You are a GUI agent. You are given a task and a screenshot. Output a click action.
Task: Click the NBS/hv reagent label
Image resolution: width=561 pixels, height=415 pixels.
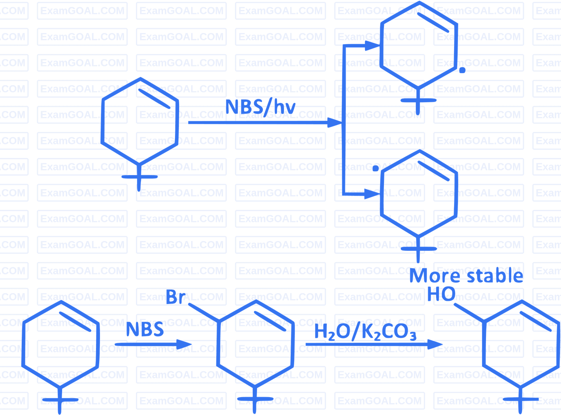pyautogui.click(x=260, y=107)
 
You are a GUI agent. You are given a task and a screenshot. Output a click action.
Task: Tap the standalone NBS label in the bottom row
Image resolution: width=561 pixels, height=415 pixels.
pyautogui.click(x=145, y=329)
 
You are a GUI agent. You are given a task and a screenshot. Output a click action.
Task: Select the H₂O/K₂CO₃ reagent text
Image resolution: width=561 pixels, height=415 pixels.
pyautogui.click(x=365, y=332)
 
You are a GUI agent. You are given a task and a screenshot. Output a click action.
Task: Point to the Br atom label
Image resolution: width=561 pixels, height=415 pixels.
pyautogui.click(x=176, y=297)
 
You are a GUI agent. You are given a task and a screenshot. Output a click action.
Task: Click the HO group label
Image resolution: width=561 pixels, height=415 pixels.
pyautogui.click(x=441, y=294)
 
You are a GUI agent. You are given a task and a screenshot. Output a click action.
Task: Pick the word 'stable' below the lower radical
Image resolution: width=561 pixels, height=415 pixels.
pyautogui.click(x=495, y=275)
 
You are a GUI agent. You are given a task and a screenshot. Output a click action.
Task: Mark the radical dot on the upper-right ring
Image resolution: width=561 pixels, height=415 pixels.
pyautogui.click(x=462, y=70)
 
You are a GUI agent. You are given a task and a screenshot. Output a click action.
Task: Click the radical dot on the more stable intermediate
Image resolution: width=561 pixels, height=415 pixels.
pyautogui.click(x=376, y=168)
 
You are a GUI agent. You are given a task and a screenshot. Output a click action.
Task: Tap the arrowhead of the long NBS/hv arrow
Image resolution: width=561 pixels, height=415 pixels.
pyautogui.click(x=335, y=123)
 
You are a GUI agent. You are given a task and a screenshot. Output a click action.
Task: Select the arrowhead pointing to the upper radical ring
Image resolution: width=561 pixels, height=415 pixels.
pyautogui.click(x=373, y=46)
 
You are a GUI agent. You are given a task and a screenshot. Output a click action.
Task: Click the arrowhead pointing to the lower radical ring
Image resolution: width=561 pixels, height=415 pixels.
pyautogui.click(x=372, y=194)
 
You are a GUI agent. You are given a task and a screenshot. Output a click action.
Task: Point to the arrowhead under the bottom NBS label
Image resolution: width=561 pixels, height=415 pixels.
pyautogui.click(x=184, y=344)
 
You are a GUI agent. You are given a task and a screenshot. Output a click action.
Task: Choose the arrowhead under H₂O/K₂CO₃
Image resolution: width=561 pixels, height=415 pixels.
pyautogui.click(x=435, y=344)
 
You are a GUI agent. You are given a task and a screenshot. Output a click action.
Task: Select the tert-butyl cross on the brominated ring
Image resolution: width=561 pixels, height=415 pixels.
pyautogui.click(x=255, y=399)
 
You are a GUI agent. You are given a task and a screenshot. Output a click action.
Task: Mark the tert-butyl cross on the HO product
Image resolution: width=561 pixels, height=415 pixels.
pyautogui.click(x=521, y=399)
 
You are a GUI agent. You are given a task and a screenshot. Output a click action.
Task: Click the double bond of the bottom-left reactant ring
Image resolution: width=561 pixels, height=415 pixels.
pyautogui.click(x=75, y=322)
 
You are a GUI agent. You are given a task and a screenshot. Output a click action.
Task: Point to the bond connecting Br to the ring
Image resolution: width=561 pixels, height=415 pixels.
pyautogui.click(x=204, y=312)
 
